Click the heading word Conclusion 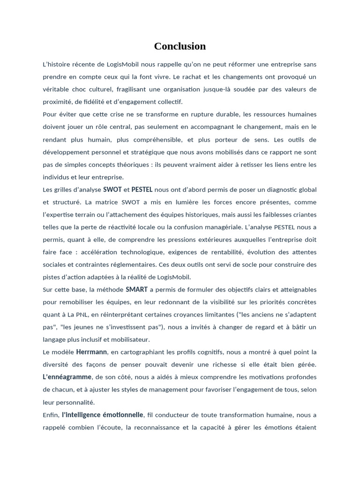180,46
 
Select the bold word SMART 137,289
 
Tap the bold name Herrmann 91,352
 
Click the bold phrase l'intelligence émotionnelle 103,415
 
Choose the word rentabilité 222,252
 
